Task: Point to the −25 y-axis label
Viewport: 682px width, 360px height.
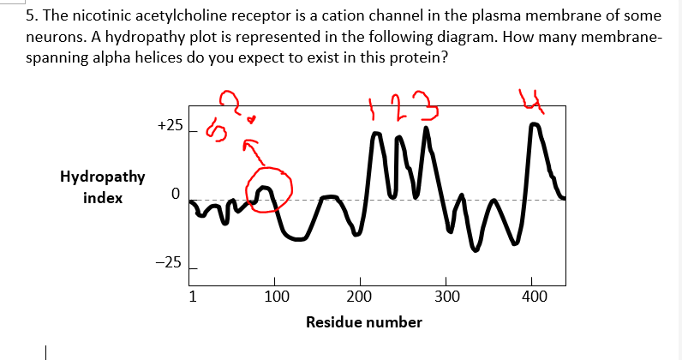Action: click(170, 263)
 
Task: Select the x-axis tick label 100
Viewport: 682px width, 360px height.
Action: click(275, 298)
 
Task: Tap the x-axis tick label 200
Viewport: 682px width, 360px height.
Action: click(360, 298)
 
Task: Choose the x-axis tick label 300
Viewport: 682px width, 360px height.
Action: click(446, 298)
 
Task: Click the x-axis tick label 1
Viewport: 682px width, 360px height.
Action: click(194, 298)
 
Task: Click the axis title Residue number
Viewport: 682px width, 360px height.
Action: click(364, 322)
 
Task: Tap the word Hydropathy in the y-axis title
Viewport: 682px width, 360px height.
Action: click(102, 177)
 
